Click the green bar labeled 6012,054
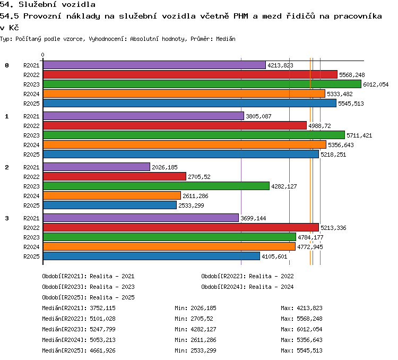point(202,84)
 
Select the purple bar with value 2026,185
point(97,167)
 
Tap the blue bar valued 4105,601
point(152,256)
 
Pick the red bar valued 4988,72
point(175,125)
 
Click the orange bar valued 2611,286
point(112,195)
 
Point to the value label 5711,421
point(359,135)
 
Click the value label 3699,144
point(253,218)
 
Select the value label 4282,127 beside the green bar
point(284,186)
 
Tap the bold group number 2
point(7,167)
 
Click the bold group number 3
point(7,218)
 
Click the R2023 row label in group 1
point(31,135)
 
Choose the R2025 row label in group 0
point(31,104)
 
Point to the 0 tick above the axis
point(42,55)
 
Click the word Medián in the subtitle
point(226,39)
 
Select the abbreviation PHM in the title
point(240,16)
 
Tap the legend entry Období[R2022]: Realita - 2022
point(247,276)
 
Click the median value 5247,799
point(102,329)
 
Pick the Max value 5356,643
point(310,340)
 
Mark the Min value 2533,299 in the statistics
point(204,350)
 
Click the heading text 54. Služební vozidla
point(47,4)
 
